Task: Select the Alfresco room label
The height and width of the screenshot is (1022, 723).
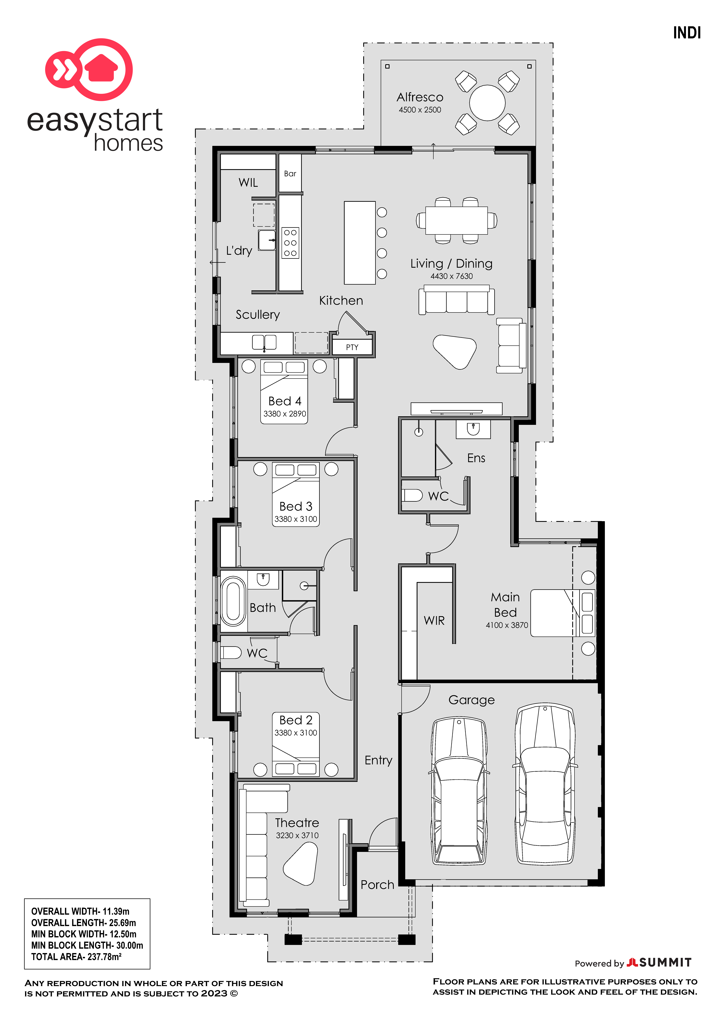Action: pyautogui.click(x=420, y=97)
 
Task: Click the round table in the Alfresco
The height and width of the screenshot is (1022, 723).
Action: pyautogui.click(x=488, y=103)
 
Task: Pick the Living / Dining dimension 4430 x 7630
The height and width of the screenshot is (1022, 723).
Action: pyautogui.click(x=451, y=276)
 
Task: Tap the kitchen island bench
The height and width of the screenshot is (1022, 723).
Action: pyautogui.click(x=360, y=243)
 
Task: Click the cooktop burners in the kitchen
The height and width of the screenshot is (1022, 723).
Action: pyautogui.click(x=290, y=243)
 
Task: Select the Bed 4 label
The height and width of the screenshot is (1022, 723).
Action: pyautogui.click(x=285, y=401)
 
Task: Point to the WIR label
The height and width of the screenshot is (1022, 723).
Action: pyautogui.click(x=434, y=621)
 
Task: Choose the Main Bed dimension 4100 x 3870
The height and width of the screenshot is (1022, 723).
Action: pyautogui.click(x=507, y=625)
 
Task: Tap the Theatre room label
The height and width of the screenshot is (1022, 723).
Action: pyautogui.click(x=297, y=823)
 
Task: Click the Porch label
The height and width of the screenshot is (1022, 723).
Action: pyautogui.click(x=378, y=885)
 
